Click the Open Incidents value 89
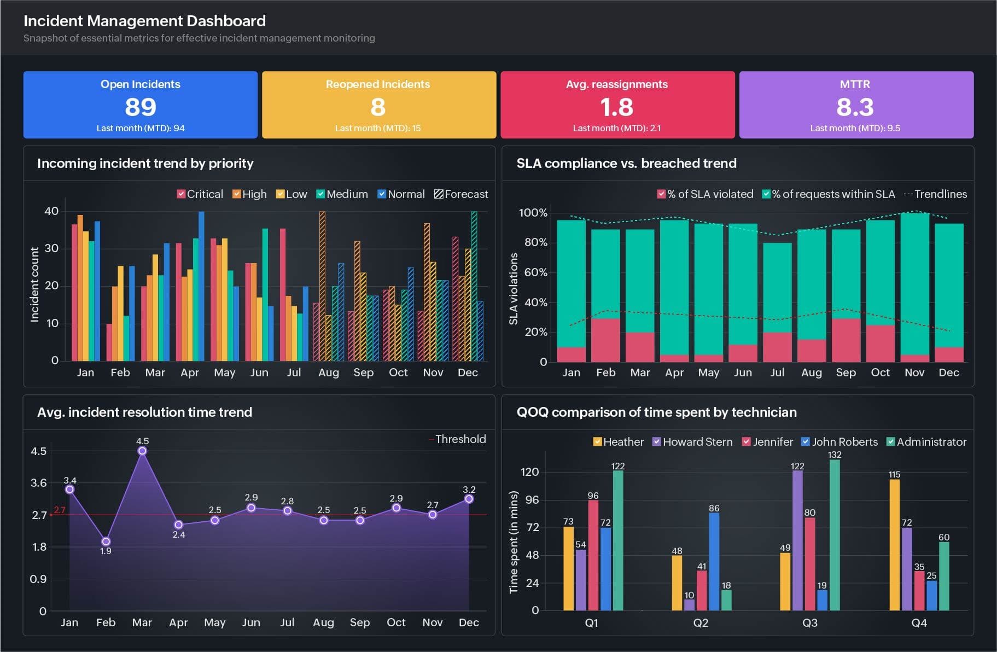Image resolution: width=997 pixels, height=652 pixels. coord(141,107)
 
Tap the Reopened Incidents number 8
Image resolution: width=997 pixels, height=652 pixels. coord(378,107)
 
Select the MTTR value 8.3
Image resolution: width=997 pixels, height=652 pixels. coord(855,107)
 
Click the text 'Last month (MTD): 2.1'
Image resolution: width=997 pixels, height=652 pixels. coord(617,128)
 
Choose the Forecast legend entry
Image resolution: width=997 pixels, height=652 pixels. coord(461,194)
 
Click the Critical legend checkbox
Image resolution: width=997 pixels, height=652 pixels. coord(181,194)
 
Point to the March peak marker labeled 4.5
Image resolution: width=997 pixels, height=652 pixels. coord(142,451)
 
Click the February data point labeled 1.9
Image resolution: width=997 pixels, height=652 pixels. coord(106,542)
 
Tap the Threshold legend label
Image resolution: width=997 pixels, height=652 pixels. coord(460,439)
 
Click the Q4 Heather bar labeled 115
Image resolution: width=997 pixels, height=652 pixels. coord(894,544)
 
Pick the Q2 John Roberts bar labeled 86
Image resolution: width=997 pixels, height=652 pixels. coord(714,561)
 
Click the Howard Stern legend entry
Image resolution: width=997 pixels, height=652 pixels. coord(692,442)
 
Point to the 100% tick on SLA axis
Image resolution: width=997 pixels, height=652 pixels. coord(533,213)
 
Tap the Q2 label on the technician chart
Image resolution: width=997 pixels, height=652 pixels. coord(701,623)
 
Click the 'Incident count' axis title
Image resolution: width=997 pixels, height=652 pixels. coord(35,284)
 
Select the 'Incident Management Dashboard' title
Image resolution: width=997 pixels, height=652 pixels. coord(144,21)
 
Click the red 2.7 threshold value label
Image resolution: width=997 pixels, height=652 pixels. coord(60,510)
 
